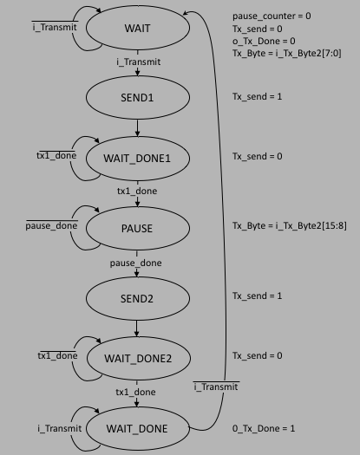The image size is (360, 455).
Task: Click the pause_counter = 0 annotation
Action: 272,16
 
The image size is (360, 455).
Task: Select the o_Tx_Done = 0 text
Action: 264,42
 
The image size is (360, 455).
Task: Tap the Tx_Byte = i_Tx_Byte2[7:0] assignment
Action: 287,54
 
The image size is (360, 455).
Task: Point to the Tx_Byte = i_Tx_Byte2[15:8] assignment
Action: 290,225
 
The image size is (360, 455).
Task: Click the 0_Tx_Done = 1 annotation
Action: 264,428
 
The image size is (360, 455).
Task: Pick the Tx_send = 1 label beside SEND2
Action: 257,296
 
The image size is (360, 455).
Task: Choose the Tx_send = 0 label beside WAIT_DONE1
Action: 257,156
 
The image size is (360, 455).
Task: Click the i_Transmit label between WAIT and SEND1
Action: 138,62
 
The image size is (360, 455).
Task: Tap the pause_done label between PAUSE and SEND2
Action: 135,263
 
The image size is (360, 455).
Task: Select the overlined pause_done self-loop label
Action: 51,225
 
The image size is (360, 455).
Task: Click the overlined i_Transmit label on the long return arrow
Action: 216,387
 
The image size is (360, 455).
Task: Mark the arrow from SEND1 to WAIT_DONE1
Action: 137,127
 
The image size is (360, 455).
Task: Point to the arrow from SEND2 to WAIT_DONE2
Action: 136,328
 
